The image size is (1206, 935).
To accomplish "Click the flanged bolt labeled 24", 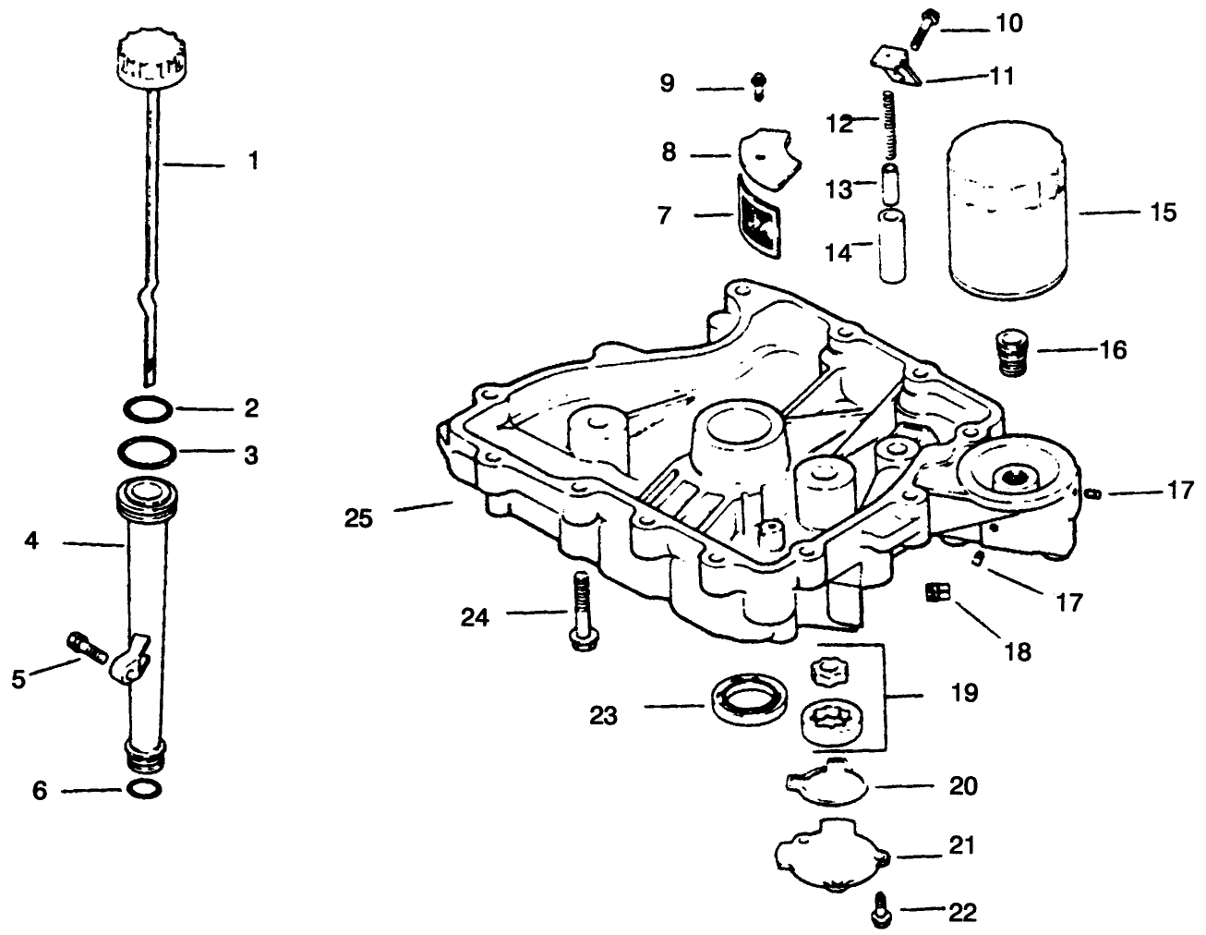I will [x=579, y=614].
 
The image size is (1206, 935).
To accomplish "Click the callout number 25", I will [x=358, y=518].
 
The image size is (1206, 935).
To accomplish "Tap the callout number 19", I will [x=964, y=692].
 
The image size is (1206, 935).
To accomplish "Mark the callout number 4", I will [x=31, y=540].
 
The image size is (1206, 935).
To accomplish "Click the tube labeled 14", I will [x=891, y=245].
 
